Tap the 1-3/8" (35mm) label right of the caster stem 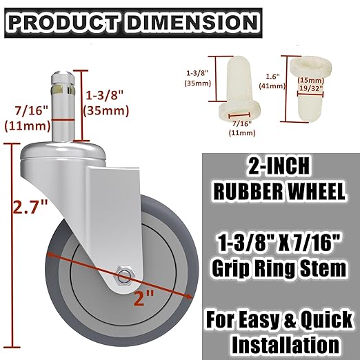tap(103, 101)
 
